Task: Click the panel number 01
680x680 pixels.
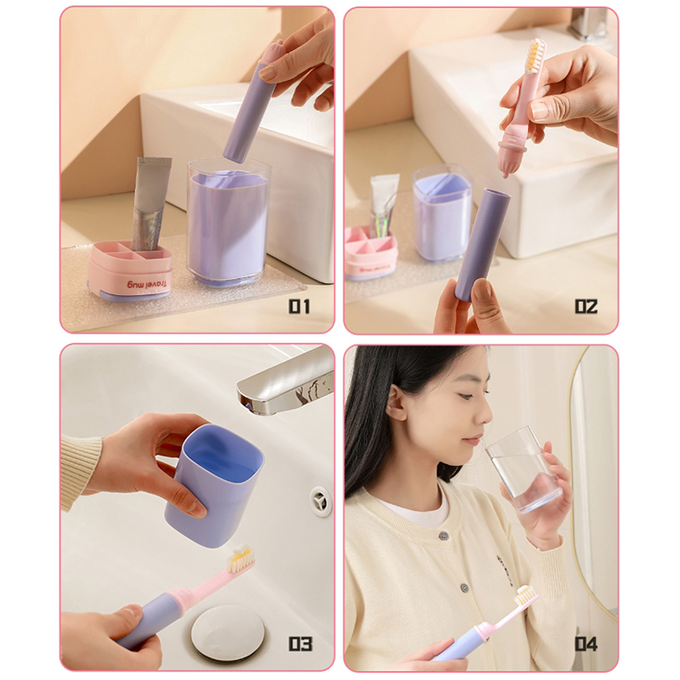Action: point(299,307)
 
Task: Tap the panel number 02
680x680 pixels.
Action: point(586,307)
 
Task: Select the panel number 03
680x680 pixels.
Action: point(301,643)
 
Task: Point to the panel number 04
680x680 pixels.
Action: point(586,643)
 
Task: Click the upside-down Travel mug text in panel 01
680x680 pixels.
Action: point(146,285)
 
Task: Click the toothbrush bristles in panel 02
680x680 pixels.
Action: point(535,54)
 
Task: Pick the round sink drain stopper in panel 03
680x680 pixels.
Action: point(221,634)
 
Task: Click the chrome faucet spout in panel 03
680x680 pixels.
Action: point(284,382)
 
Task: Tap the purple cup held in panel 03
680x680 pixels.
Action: point(215,484)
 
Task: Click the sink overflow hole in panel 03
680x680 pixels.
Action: point(321,501)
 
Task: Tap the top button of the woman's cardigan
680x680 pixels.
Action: point(443,535)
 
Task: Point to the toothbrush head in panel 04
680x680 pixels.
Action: point(525,594)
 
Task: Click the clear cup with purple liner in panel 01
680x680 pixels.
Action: point(228,222)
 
